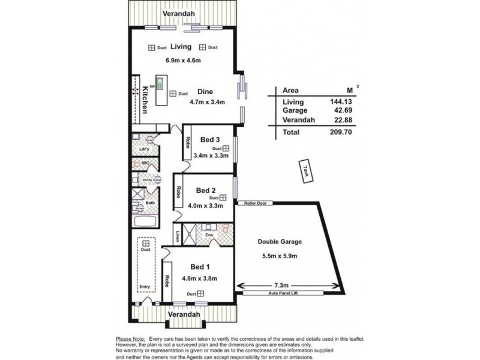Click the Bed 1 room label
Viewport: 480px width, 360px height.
click(200, 266)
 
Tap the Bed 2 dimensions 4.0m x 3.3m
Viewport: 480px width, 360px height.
click(206, 205)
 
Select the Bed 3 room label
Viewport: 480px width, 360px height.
click(209, 140)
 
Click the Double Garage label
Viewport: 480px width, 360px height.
click(280, 242)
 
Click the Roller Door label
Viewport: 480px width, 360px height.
click(255, 203)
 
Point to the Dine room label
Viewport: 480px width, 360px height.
click(206, 92)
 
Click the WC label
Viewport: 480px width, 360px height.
click(144, 163)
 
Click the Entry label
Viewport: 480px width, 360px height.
click(145, 287)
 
